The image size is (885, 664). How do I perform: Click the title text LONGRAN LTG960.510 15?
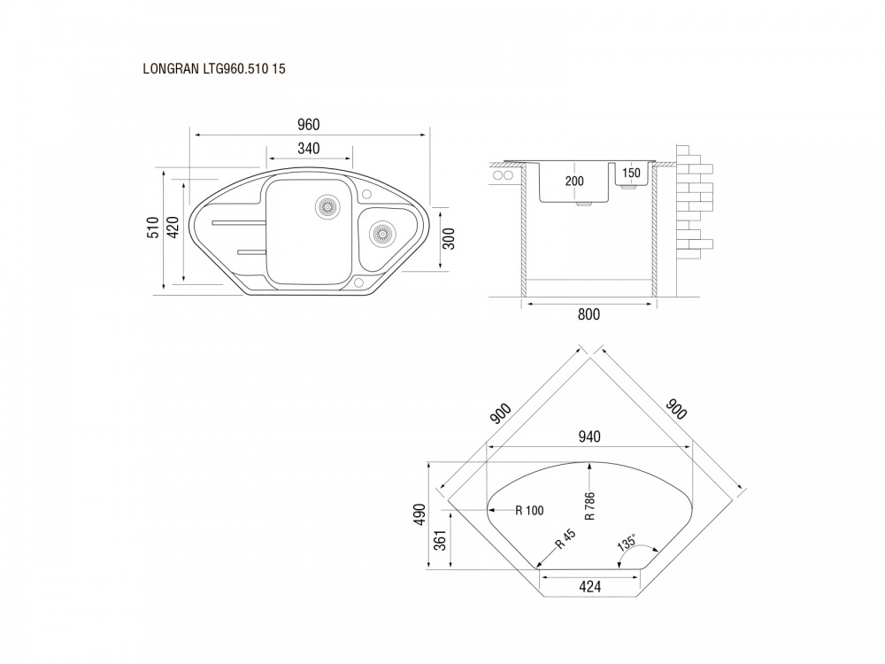[x=214, y=69]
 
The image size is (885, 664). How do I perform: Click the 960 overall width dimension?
[x=309, y=124]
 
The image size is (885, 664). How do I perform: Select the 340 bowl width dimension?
[x=309, y=149]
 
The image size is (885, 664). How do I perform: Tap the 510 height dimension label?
[x=153, y=228]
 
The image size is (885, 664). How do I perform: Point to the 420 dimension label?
[x=173, y=227]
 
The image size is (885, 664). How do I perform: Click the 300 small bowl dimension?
[x=449, y=239]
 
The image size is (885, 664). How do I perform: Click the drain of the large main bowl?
[x=327, y=206]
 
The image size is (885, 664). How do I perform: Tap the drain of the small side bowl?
[x=381, y=232]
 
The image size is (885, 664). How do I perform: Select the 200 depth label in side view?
[x=574, y=181]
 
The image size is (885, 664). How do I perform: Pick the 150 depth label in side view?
[x=631, y=174]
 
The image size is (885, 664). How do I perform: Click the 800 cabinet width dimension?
[x=589, y=314]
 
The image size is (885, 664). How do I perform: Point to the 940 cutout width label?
[x=589, y=436]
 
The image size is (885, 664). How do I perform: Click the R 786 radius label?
[x=589, y=506]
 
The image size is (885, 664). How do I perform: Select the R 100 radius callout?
[x=529, y=511]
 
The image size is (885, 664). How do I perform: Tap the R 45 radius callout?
[x=565, y=538]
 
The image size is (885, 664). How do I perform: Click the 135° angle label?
[x=627, y=542]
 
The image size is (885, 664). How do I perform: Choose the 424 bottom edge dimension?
[x=589, y=587]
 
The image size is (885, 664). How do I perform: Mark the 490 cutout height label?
[x=419, y=514]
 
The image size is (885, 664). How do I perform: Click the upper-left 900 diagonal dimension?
[x=501, y=413]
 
